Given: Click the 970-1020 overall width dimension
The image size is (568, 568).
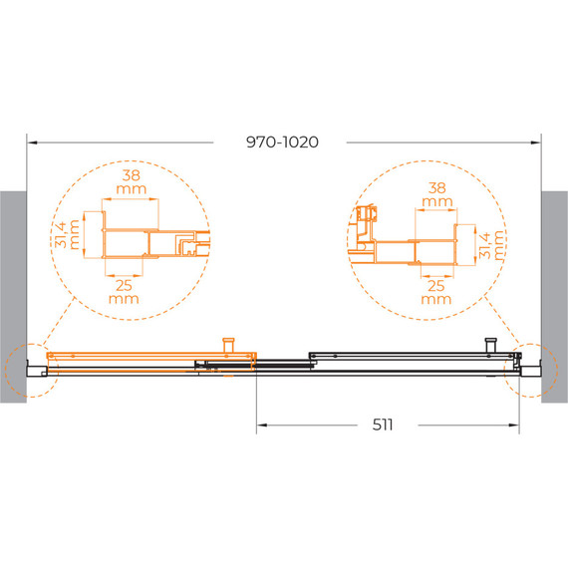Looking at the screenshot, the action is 282,142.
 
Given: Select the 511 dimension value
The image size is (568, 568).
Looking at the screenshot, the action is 383,425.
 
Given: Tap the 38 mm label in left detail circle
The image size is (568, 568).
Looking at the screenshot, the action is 132,181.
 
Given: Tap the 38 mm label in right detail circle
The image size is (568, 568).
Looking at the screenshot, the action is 437,194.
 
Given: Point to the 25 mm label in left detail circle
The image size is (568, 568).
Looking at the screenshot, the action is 124,292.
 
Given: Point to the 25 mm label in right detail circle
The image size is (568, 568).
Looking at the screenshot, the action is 436,292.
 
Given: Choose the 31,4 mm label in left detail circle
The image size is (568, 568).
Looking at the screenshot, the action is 67,235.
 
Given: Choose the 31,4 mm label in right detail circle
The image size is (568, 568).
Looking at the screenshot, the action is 491,245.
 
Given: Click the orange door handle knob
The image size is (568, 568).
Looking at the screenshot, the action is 228,345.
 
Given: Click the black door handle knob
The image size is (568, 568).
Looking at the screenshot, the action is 491,345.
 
